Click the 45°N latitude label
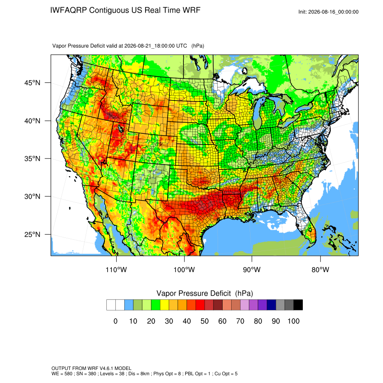[x=32, y=83]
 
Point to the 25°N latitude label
[x=32, y=234]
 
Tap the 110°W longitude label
[x=116, y=269]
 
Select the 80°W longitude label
[x=320, y=269]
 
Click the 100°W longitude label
[x=184, y=269]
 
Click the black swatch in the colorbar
[x=298, y=305]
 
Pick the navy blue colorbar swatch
[x=271, y=305]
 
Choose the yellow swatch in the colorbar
[x=164, y=305]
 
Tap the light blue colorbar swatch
[x=129, y=305]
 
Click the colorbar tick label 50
[x=205, y=321]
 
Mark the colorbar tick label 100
[x=293, y=321]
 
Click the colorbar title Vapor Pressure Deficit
[x=193, y=293]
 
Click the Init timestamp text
[x=328, y=12]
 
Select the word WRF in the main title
[x=192, y=10]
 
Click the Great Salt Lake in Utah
[x=120, y=129]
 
